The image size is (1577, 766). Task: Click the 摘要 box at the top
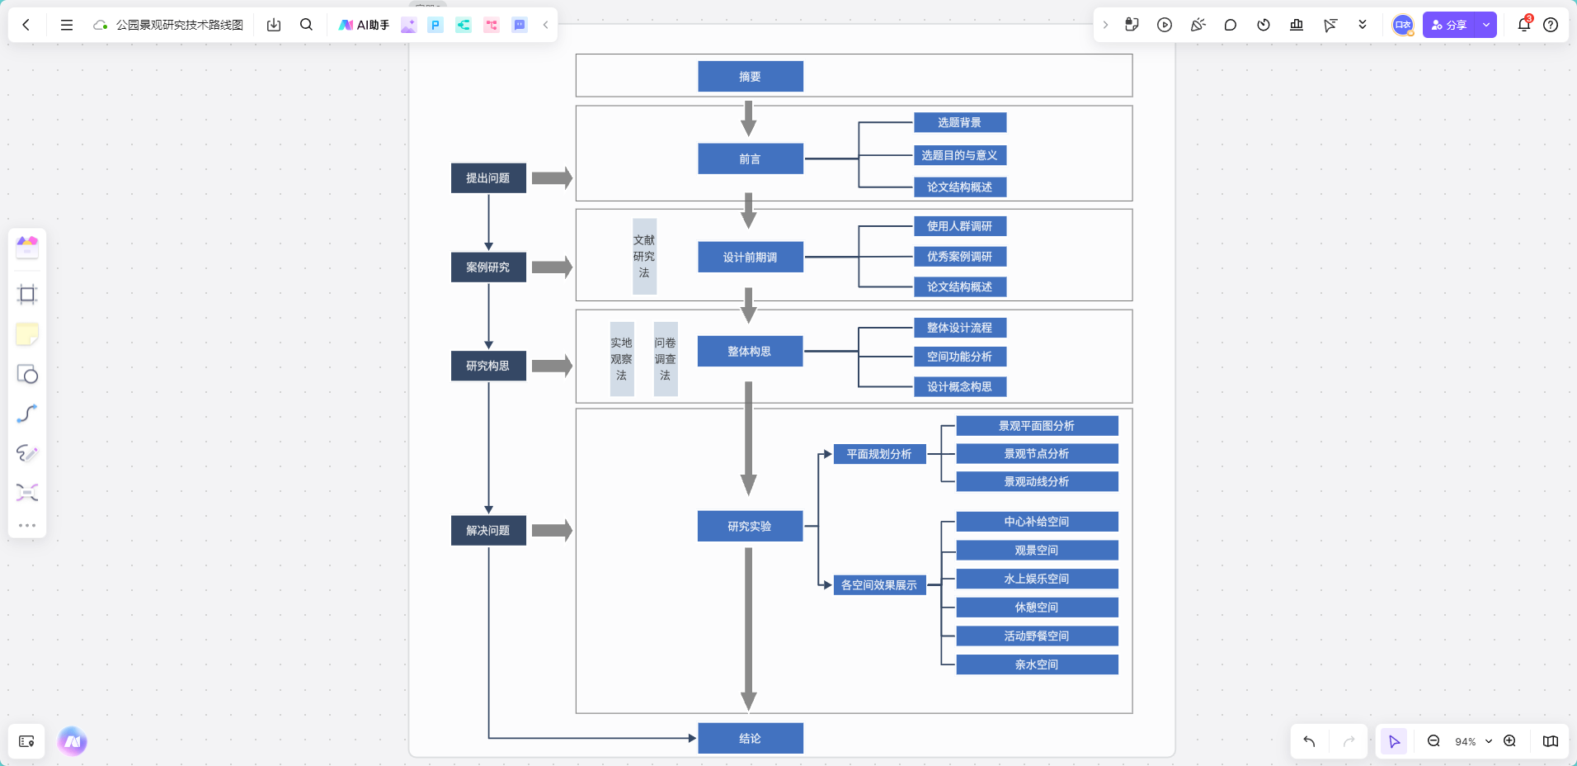click(x=750, y=77)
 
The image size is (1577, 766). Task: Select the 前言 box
click(x=750, y=159)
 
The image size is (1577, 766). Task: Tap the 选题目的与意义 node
click(x=959, y=155)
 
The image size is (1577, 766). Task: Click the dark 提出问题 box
click(x=488, y=178)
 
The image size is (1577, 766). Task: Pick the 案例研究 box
click(x=488, y=267)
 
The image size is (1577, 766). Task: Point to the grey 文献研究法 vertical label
click(x=644, y=257)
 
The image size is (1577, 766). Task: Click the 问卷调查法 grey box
click(x=665, y=359)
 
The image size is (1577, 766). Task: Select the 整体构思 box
click(x=750, y=352)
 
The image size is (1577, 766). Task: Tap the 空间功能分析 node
click(x=959, y=357)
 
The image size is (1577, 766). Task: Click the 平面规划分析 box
click(x=879, y=454)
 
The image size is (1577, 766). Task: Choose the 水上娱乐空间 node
click(x=1037, y=579)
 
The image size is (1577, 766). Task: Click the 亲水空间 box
click(x=1037, y=664)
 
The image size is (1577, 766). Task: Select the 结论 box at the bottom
click(x=750, y=739)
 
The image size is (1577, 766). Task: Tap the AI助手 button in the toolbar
click(x=364, y=25)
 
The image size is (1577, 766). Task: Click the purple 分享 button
click(x=1449, y=25)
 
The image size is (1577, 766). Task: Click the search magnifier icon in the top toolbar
click(x=306, y=25)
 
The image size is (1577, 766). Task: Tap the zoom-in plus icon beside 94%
click(x=1509, y=741)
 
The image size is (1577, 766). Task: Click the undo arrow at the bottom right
click(x=1309, y=741)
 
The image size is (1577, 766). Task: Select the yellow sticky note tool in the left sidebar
click(x=27, y=334)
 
